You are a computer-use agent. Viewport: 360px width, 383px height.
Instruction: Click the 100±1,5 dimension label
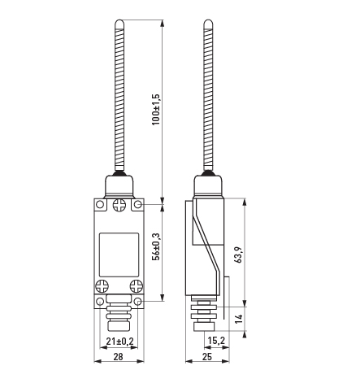156,109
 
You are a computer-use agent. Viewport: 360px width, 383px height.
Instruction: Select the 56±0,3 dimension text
156,246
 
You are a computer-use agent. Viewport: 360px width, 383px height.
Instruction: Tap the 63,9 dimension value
238,255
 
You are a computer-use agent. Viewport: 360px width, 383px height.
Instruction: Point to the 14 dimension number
238,319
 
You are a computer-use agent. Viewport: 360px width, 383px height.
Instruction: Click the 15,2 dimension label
216,341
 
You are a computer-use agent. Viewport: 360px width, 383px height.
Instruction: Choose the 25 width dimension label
207,357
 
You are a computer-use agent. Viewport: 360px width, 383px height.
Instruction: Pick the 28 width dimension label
119,357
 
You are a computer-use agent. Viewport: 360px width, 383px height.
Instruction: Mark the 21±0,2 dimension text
120,342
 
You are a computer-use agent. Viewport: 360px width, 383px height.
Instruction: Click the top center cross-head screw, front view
119,205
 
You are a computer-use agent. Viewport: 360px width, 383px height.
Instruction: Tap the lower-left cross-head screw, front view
102,286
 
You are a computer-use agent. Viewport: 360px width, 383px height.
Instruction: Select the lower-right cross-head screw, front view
137,286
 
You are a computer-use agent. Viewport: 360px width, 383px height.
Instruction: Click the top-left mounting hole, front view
100,204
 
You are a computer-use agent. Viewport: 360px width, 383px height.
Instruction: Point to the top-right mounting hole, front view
138,204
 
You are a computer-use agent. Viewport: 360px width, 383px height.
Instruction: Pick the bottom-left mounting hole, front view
100,301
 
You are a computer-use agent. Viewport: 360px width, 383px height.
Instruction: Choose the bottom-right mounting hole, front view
138,301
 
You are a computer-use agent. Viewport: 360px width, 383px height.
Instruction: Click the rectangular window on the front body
119,255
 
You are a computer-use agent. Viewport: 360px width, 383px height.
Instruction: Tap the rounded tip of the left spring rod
119,23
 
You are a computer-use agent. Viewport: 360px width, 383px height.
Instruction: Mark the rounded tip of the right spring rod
208,23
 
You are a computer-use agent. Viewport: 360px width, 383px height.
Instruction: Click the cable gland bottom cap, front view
119,325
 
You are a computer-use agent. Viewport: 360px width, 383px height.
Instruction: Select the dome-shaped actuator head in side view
208,185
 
